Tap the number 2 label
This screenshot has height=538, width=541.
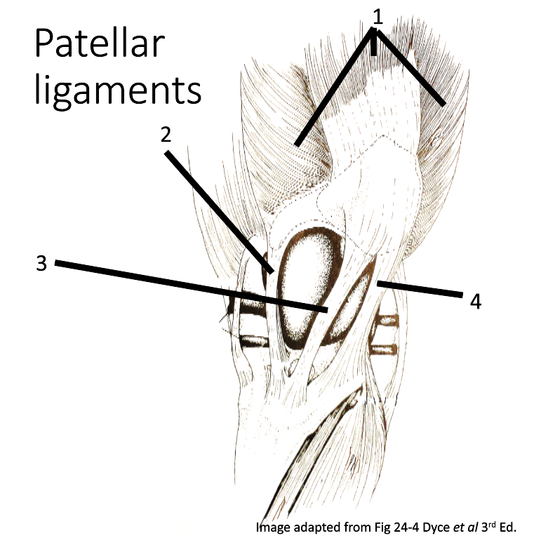(166, 135)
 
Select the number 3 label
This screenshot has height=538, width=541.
(41, 264)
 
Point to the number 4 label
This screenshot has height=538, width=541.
(476, 302)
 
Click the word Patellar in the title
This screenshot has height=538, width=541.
(98, 46)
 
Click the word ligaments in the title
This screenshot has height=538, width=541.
(118, 91)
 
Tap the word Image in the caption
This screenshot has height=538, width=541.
(272, 527)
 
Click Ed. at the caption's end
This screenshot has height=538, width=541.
(507, 527)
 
